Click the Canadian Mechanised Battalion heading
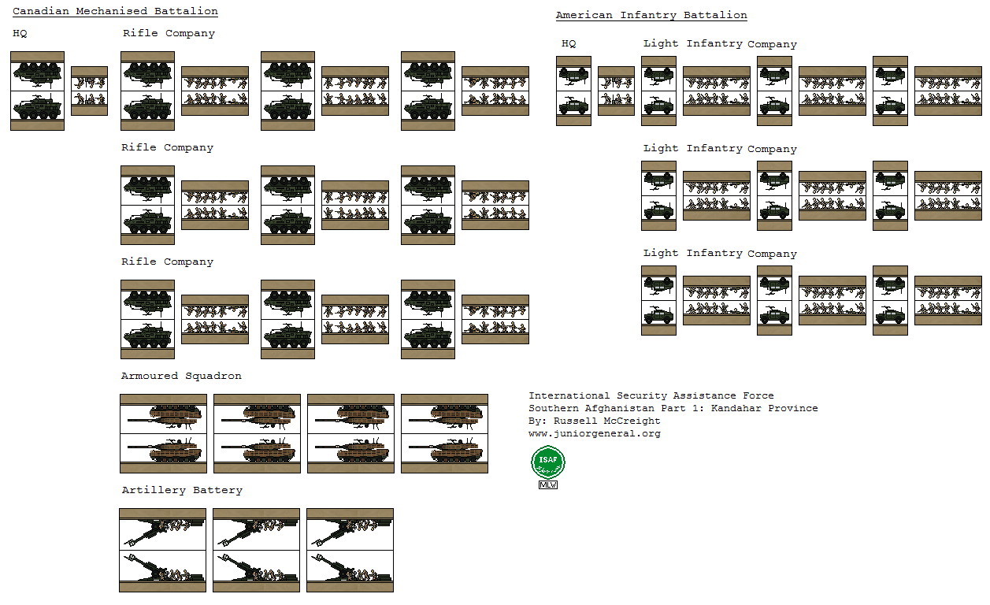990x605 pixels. click(x=115, y=11)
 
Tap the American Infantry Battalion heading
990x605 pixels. click(x=651, y=15)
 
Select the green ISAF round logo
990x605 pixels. click(x=548, y=462)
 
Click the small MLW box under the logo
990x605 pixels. click(x=548, y=484)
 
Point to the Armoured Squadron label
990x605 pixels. click(x=181, y=376)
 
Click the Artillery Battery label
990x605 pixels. click(x=182, y=490)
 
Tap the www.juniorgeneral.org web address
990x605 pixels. click(x=595, y=433)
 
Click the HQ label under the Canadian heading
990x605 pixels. click(x=20, y=33)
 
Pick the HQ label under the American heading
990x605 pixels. click(x=569, y=43)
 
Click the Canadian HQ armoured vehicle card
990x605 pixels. click(x=37, y=91)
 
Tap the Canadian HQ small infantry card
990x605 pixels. click(x=89, y=91)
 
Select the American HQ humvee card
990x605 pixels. click(x=573, y=91)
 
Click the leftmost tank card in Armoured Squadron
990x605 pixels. click(x=163, y=433)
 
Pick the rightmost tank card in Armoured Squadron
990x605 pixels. click(x=444, y=433)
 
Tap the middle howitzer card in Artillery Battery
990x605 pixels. click(x=256, y=550)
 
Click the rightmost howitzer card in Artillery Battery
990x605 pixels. click(x=350, y=550)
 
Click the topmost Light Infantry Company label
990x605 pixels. click(x=720, y=43)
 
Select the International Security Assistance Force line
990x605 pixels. click(x=651, y=395)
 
